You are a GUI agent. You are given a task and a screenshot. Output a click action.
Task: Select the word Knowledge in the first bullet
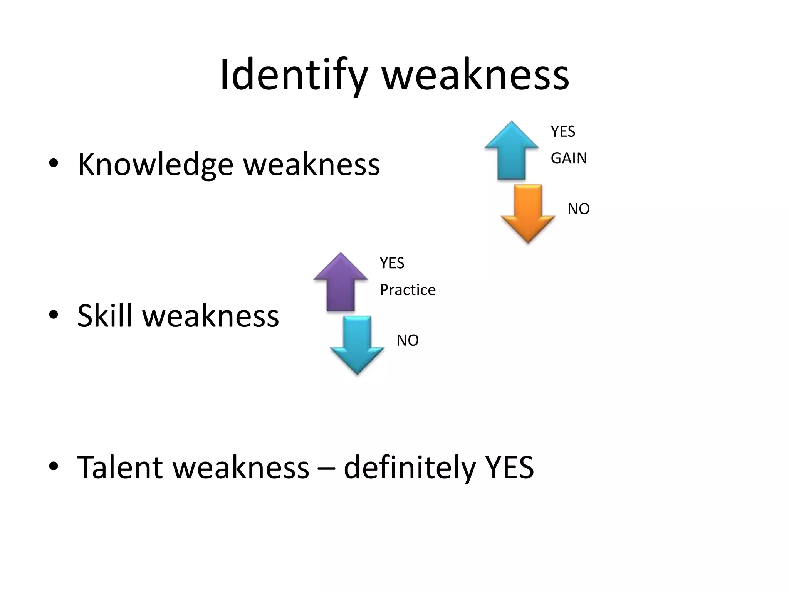155,165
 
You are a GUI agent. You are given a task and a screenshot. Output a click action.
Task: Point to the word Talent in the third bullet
119,467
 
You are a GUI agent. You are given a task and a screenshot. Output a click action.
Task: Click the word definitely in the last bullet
409,467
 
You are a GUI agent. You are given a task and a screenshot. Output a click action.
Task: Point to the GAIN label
569,158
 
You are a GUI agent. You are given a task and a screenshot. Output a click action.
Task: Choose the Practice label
408,290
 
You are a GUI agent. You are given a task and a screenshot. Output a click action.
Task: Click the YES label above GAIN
563,132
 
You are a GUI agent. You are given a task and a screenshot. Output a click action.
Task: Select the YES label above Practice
392,263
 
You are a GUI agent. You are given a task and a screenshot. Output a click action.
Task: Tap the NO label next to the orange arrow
578,209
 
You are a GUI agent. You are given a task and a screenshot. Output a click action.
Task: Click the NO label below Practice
407,340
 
